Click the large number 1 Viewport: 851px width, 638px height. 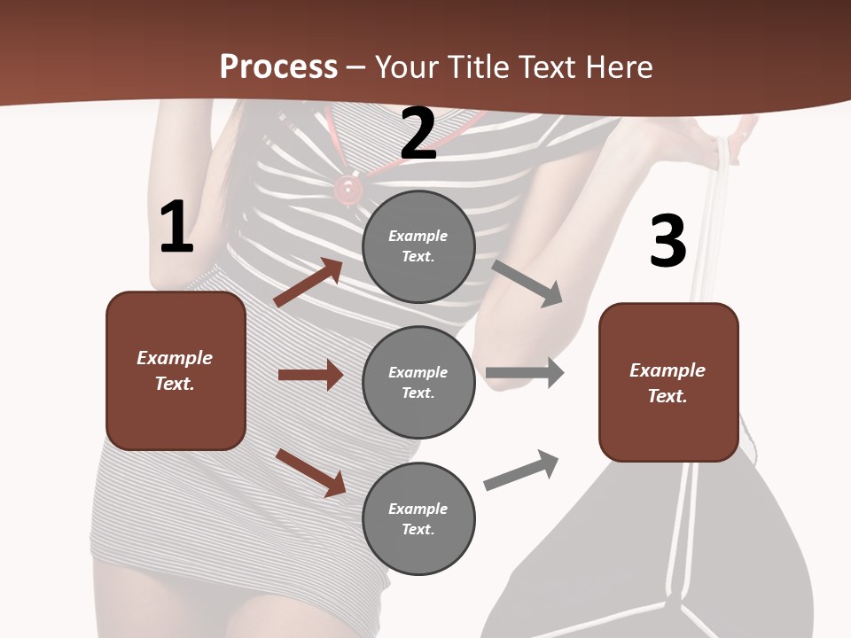pos(176,228)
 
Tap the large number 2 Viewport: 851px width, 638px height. pos(418,134)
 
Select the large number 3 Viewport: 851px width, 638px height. pos(668,241)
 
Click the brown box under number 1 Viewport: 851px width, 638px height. pos(176,370)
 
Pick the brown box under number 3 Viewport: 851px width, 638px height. pos(668,383)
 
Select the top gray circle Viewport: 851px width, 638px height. pos(418,246)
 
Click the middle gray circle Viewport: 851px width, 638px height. pos(418,382)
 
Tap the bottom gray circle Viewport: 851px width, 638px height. pos(418,518)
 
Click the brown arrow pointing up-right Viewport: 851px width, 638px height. pos(308,282)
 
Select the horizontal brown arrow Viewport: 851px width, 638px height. pos(310,375)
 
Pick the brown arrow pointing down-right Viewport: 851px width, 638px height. pos(310,472)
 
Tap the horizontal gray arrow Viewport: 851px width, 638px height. pos(525,373)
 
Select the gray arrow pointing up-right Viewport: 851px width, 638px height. pos(522,471)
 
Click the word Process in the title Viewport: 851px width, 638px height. pos(278,66)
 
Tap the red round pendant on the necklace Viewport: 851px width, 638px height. pos(347,187)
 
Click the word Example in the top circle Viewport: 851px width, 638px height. pos(418,236)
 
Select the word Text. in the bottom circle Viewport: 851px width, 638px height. pos(418,529)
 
